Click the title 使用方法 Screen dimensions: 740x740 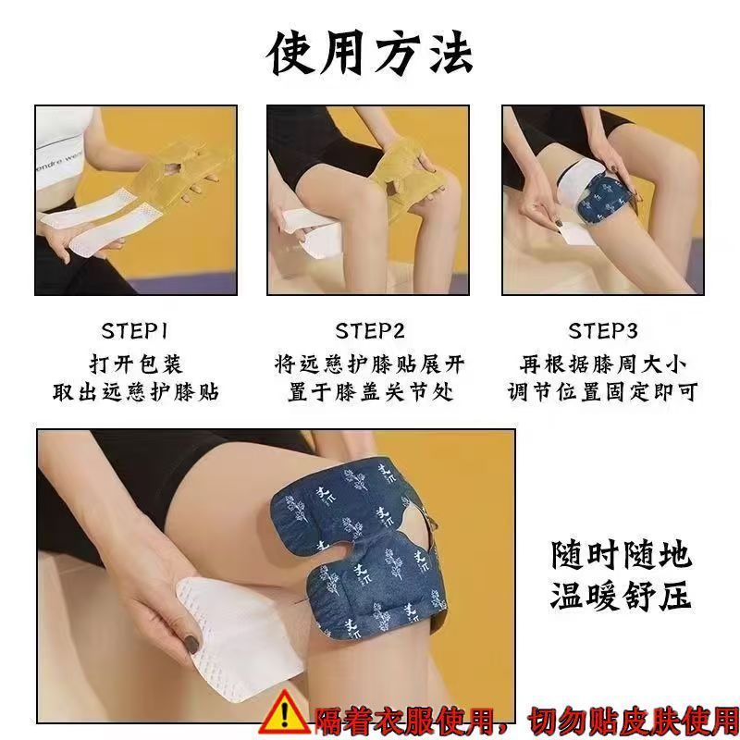coord(370,54)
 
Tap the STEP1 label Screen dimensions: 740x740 coord(134,331)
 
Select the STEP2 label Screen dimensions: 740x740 coord(370,331)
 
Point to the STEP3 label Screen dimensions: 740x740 coord(603,331)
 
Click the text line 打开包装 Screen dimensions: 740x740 coord(135,364)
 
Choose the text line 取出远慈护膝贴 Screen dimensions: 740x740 coord(135,392)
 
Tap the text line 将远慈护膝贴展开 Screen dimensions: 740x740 coord(369,364)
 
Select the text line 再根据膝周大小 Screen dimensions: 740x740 coord(603,364)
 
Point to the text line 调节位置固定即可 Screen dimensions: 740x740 coord(603,392)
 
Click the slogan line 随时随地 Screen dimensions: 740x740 coord(622,555)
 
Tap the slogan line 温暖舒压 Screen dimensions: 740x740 coord(622,596)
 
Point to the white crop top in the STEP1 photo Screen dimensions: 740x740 coord(60,146)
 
